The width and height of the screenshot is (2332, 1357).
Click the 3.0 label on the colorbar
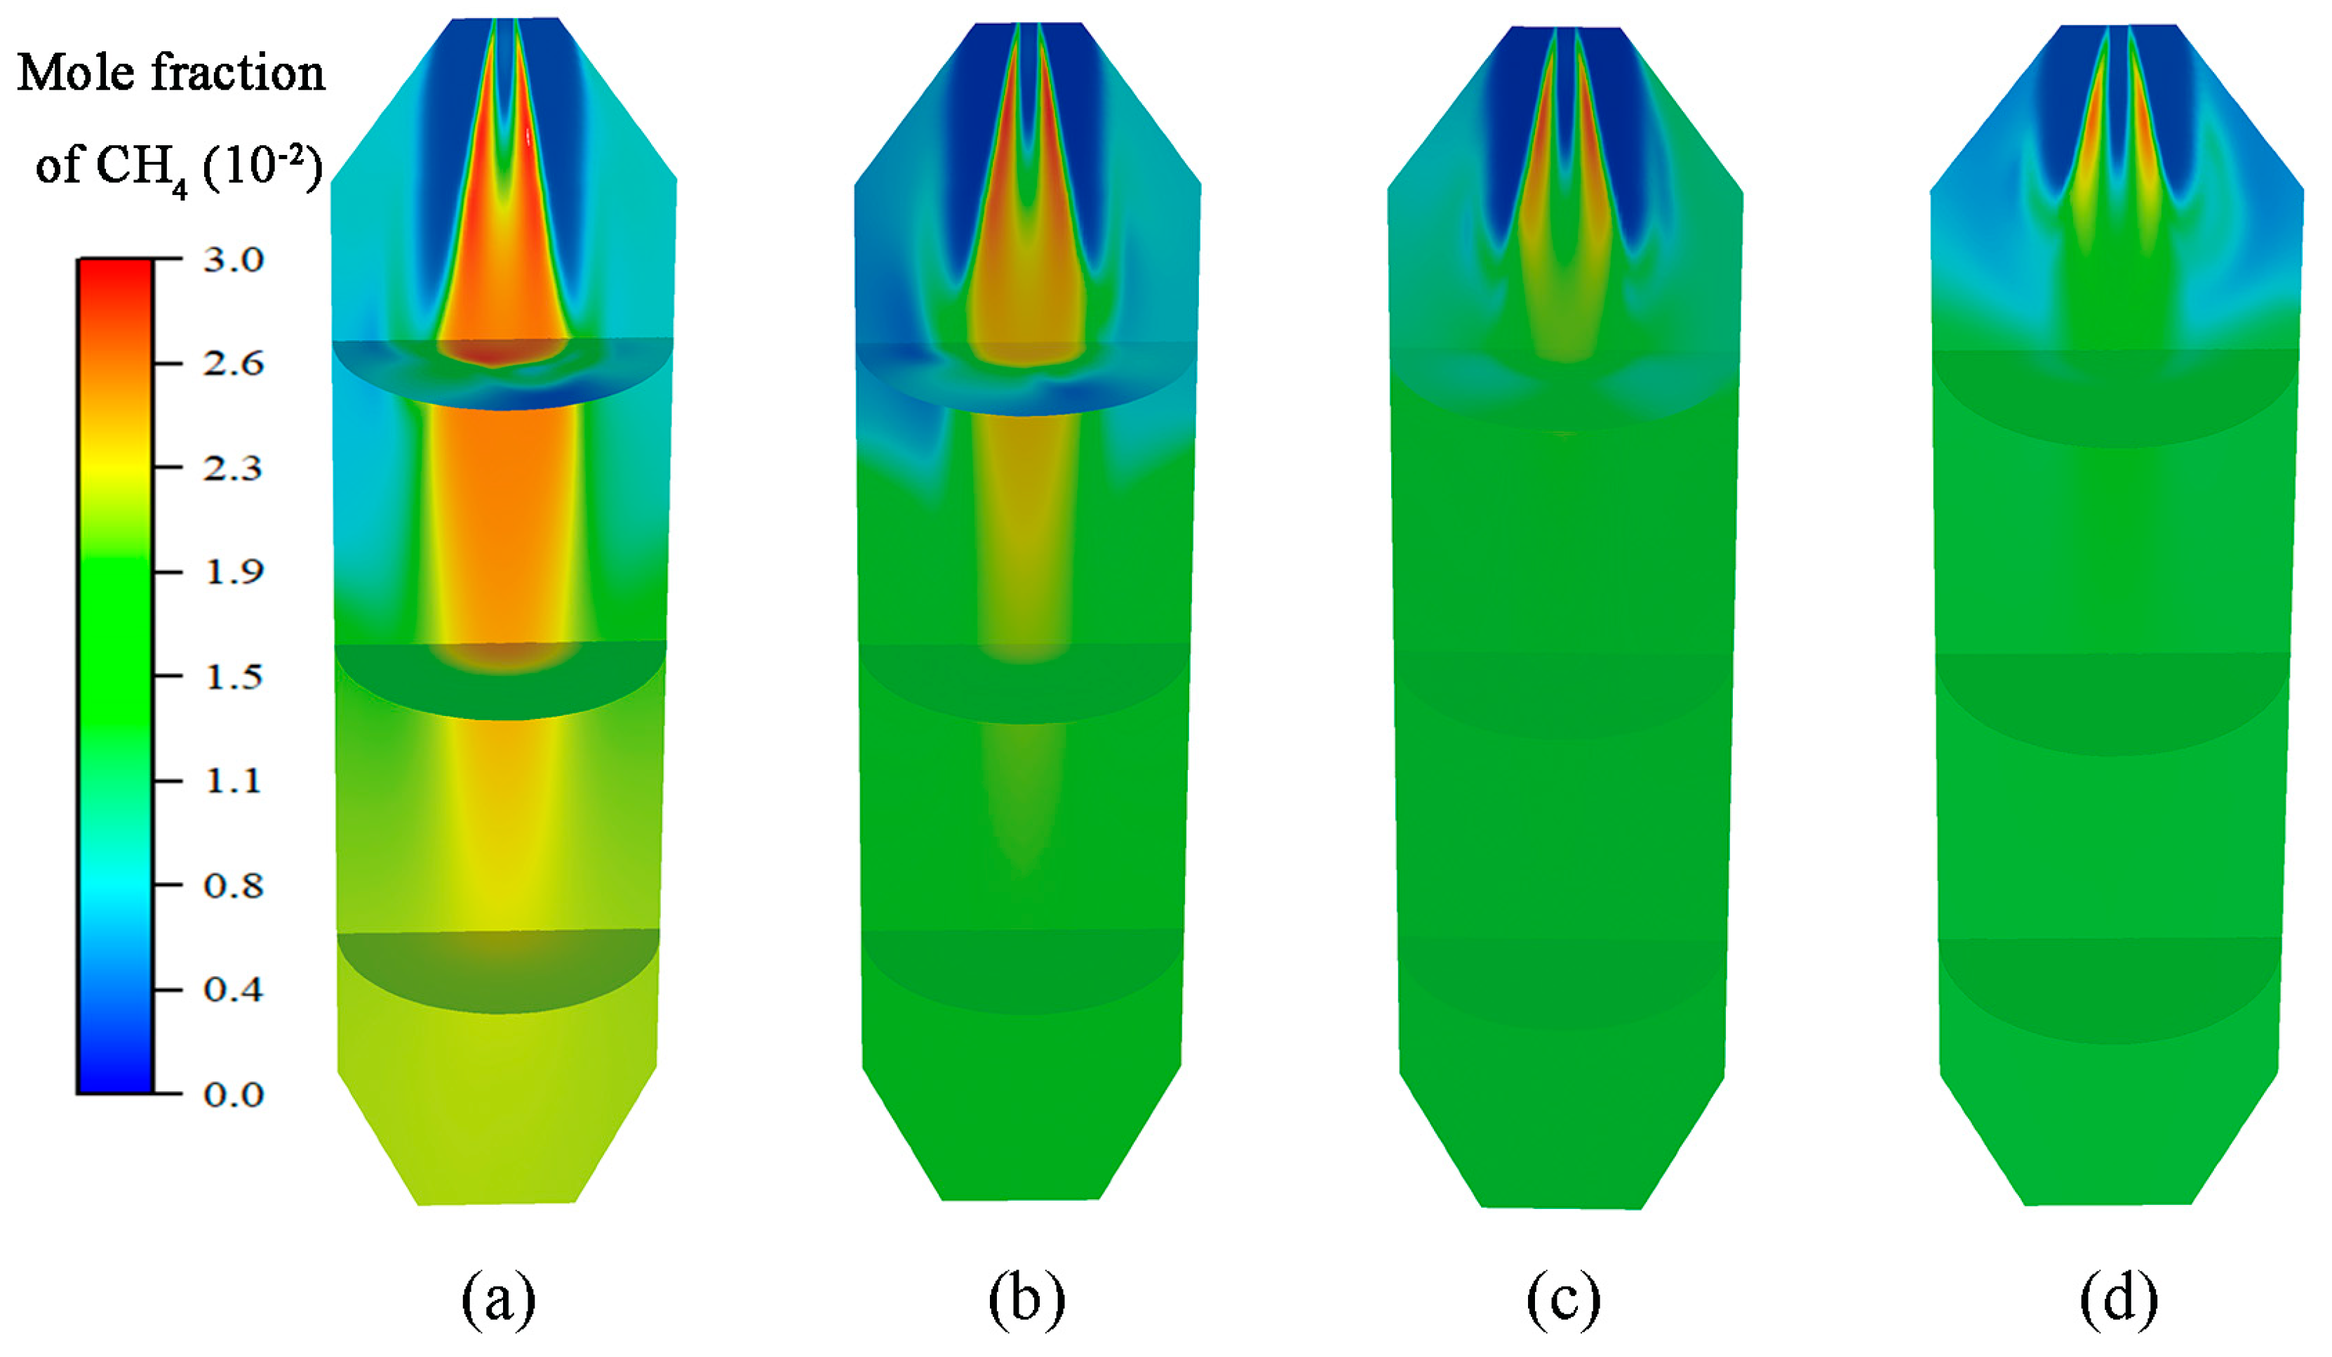[233, 260]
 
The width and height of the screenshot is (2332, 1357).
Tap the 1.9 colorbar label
[233, 572]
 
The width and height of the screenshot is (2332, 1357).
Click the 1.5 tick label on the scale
[233, 677]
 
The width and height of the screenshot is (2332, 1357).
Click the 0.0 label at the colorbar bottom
[233, 1095]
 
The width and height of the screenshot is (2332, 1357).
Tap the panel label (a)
[498, 1299]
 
